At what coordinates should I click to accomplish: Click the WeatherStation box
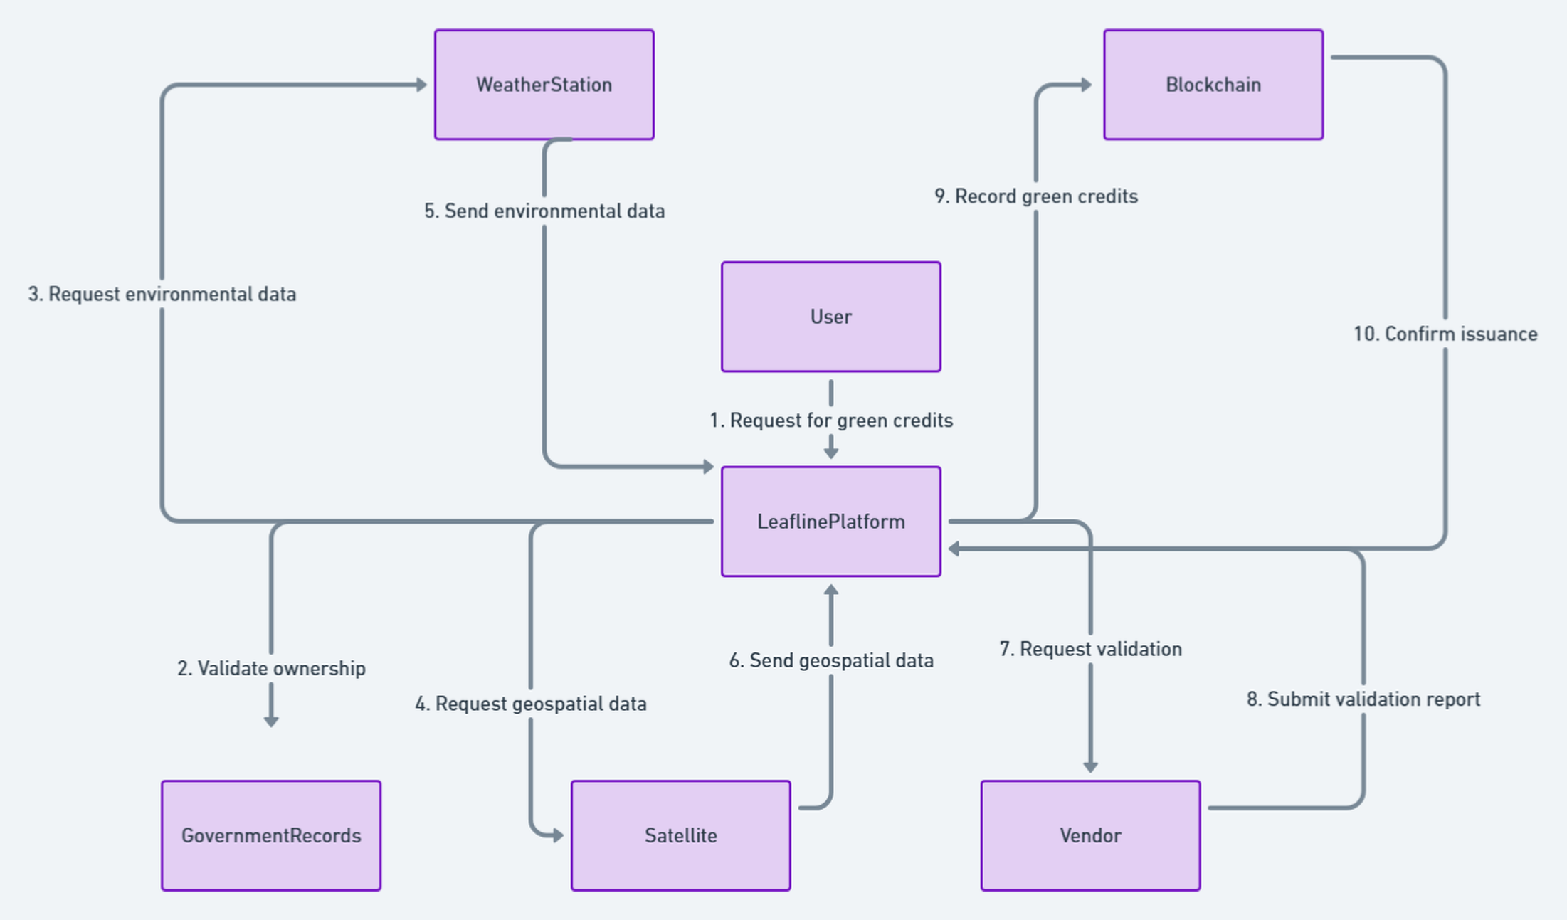click(544, 85)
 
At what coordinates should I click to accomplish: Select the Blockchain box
click(1213, 85)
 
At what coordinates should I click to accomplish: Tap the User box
click(831, 317)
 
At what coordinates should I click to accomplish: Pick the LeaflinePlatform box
click(831, 522)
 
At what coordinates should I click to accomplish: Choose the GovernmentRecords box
click(271, 835)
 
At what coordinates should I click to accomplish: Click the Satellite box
click(681, 835)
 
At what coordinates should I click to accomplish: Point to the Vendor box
click(1090, 835)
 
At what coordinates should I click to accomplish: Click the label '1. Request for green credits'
click(831, 421)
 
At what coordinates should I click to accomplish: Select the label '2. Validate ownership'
click(271, 669)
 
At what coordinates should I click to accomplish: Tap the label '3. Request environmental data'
click(162, 294)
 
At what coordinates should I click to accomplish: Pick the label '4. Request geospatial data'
click(531, 704)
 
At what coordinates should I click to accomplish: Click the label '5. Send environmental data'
click(544, 211)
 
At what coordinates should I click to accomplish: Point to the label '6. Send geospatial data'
click(831, 660)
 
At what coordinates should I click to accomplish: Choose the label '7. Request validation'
click(1090, 649)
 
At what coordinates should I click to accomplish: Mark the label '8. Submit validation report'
click(1363, 699)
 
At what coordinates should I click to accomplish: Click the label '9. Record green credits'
click(1036, 196)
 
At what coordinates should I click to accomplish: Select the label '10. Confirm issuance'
click(1445, 334)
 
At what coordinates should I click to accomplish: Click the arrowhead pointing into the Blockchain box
click(1087, 85)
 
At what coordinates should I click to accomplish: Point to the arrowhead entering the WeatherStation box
click(422, 85)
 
